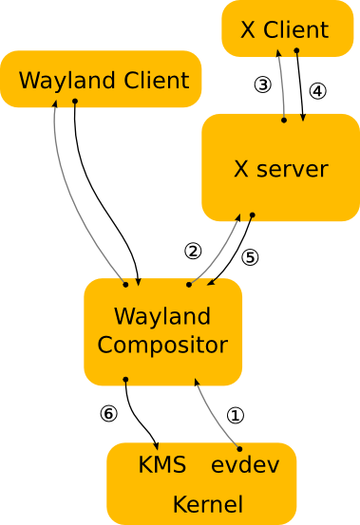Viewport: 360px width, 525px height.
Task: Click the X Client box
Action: (286, 28)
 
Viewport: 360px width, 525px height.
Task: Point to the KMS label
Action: (161, 465)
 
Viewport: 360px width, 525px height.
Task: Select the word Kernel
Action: (207, 503)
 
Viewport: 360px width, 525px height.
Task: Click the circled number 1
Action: (236, 415)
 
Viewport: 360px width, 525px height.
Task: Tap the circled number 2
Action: (193, 251)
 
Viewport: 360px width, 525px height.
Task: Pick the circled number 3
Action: (263, 84)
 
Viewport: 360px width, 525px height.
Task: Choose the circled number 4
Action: (317, 91)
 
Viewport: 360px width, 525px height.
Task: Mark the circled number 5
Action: (250, 256)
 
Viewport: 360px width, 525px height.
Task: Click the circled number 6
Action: (109, 414)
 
